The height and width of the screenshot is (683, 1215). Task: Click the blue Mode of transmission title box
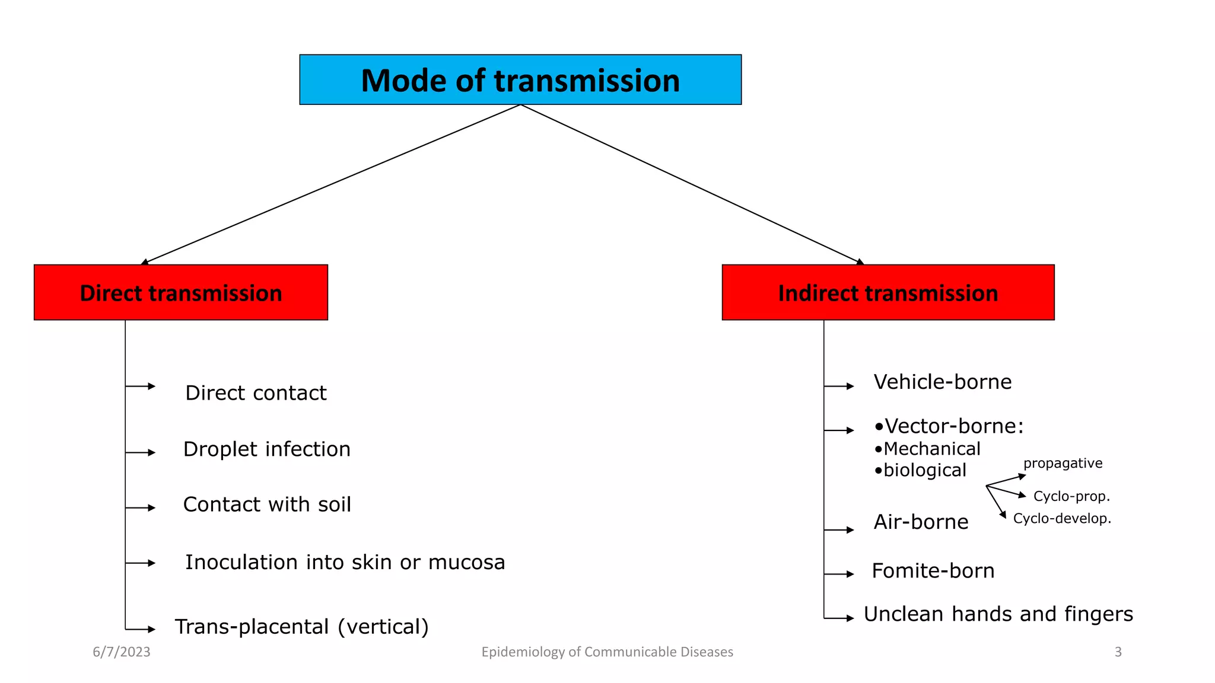[520, 80]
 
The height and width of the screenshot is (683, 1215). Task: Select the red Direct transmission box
[181, 293]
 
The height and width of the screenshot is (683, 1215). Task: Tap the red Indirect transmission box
[888, 293]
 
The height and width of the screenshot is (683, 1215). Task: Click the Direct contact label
[256, 393]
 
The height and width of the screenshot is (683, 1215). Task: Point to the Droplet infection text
[266, 449]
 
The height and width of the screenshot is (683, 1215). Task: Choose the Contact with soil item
[267, 505]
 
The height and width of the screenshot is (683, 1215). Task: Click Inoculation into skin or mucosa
[345, 562]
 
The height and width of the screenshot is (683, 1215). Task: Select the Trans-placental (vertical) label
[301, 627]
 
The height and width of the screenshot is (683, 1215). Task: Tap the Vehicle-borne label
[942, 382]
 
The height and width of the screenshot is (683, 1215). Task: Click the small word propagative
[1063, 463]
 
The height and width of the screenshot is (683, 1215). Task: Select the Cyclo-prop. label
[1071, 496]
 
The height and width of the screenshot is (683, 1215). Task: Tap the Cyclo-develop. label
[1061, 518]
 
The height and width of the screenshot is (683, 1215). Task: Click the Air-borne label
[921, 522]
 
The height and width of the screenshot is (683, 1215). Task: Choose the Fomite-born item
[933, 571]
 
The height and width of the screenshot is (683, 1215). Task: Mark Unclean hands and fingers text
[998, 614]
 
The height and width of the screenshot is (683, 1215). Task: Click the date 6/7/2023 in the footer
[122, 652]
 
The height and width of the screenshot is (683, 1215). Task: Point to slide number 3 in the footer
[1118, 652]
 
